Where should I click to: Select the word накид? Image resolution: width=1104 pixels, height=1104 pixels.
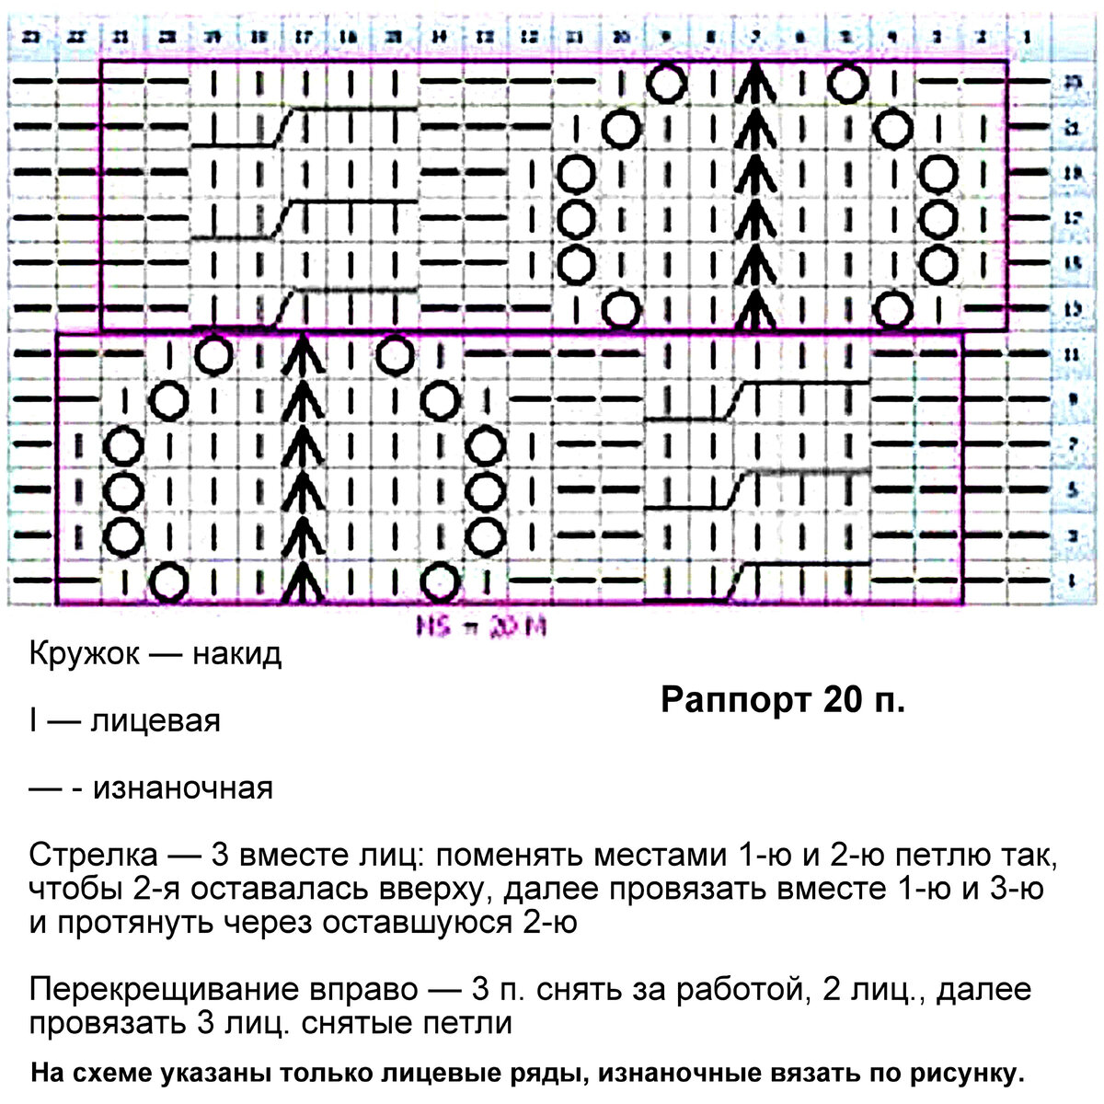(x=236, y=655)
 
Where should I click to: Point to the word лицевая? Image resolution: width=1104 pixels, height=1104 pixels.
(x=155, y=721)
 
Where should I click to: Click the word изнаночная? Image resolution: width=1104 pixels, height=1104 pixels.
(x=184, y=788)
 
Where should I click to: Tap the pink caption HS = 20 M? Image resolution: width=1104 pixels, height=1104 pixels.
(x=481, y=628)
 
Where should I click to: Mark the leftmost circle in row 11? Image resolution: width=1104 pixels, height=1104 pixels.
(x=213, y=354)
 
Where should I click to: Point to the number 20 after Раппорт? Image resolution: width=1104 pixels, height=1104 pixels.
(x=843, y=700)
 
